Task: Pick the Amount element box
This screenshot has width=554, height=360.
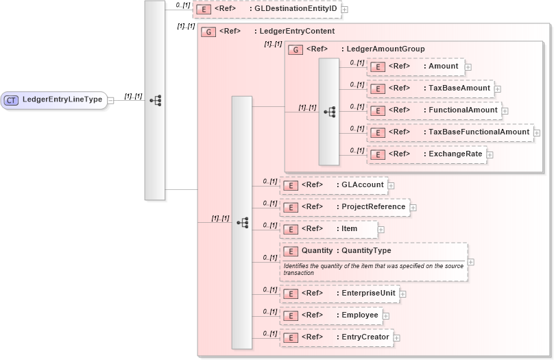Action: tap(416, 67)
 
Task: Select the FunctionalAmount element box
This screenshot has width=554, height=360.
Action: tap(434, 110)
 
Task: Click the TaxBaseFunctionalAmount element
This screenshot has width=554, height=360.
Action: tap(450, 132)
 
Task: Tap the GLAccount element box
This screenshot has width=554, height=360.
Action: tap(333, 185)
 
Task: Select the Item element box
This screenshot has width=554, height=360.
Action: tap(328, 229)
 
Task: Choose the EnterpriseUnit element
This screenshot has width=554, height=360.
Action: tap(339, 293)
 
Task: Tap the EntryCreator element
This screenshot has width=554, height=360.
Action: tap(336, 337)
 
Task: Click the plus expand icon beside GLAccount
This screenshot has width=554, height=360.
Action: tap(391, 185)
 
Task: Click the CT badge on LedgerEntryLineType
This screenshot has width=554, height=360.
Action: tap(11, 100)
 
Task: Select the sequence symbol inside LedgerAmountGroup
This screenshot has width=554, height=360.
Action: tap(329, 111)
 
